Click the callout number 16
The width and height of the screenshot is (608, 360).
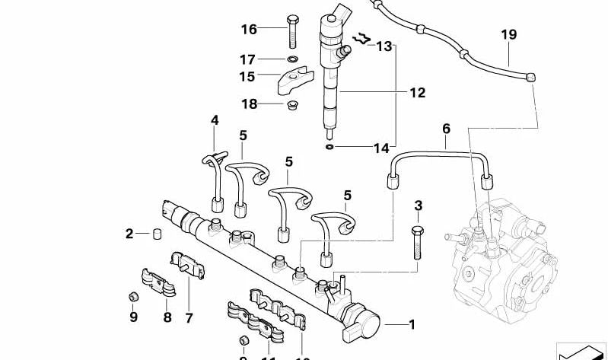click(249, 30)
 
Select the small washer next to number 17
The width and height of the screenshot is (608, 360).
click(292, 59)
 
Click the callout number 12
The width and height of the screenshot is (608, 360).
click(417, 93)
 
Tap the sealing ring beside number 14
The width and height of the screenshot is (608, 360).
click(329, 147)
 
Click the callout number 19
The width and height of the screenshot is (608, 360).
click(508, 34)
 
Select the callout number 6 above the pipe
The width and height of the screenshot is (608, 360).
click(446, 129)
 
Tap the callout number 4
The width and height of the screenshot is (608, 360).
click(215, 120)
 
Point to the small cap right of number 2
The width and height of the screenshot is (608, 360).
click(158, 233)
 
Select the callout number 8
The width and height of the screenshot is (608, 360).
click(167, 317)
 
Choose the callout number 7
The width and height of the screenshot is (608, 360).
click(189, 317)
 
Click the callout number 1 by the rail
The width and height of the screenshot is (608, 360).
click(412, 325)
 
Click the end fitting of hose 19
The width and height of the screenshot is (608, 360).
click(531, 76)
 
